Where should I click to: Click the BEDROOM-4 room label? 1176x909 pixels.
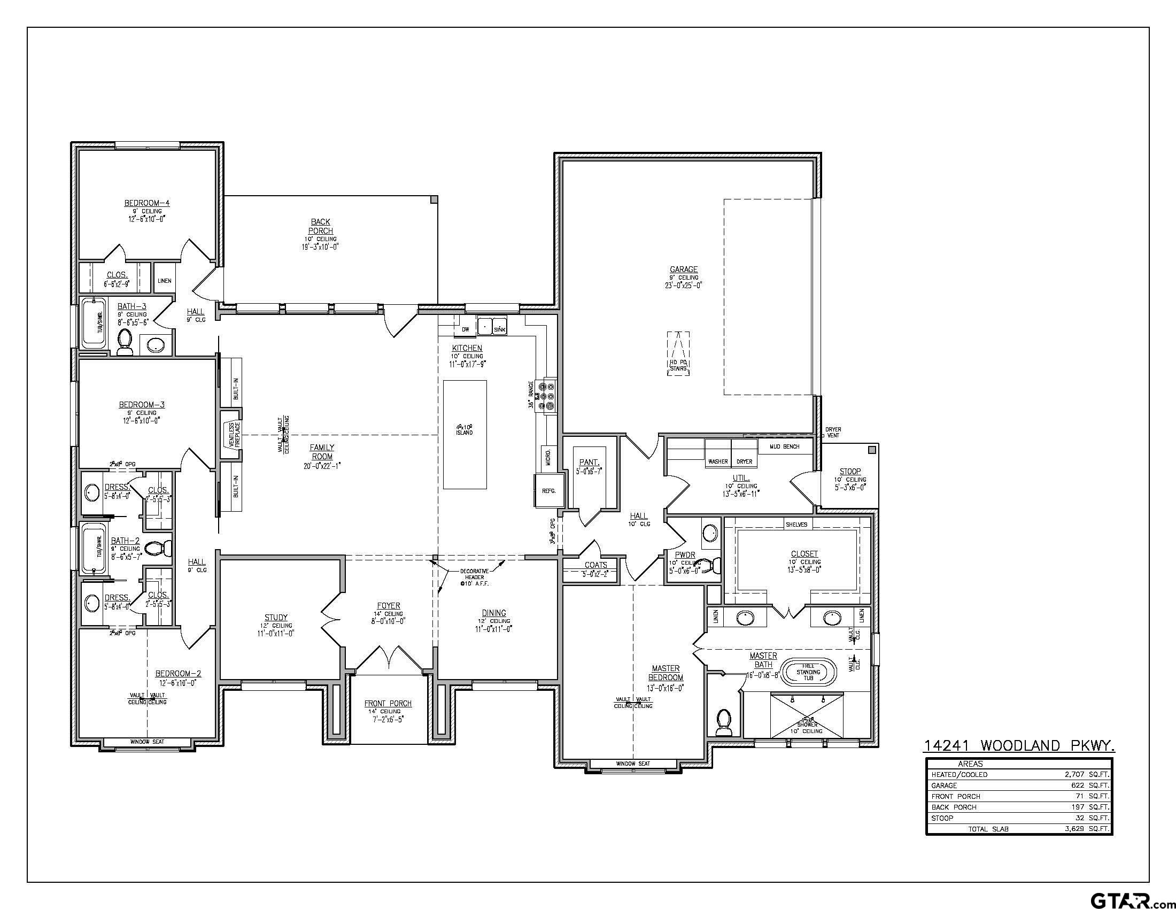click(146, 203)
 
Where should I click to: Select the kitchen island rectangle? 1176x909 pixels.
click(465, 434)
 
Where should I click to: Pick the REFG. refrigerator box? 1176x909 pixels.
click(548, 490)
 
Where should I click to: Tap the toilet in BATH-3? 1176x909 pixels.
click(125, 342)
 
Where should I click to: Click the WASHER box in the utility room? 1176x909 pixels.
click(718, 461)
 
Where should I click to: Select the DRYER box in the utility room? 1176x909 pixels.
click(744, 461)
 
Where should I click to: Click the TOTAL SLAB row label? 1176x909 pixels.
click(988, 829)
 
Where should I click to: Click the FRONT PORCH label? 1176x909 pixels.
click(388, 703)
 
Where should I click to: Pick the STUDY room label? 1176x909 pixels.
click(276, 617)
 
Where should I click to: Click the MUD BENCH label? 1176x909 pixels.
click(784, 446)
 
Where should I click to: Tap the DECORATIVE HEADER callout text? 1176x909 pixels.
click(474, 577)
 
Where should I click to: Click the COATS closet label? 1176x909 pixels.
click(595, 565)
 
